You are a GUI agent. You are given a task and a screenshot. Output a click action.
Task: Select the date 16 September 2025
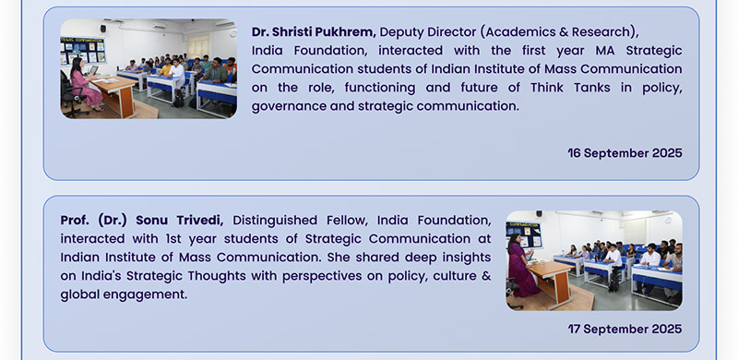(x=625, y=152)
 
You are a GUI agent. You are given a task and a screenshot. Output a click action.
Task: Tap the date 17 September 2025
(x=625, y=329)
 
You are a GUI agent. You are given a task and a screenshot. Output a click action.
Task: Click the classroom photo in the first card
(x=149, y=69)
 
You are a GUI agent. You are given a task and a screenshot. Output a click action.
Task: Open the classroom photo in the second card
(x=594, y=260)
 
